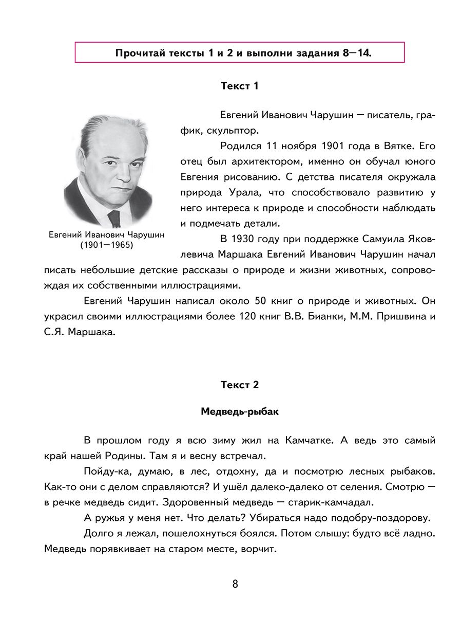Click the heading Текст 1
(239, 86)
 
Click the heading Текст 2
(239, 385)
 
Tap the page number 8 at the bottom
(235, 584)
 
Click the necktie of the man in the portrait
(114, 219)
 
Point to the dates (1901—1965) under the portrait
(106, 245)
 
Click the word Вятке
(394, 146)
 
